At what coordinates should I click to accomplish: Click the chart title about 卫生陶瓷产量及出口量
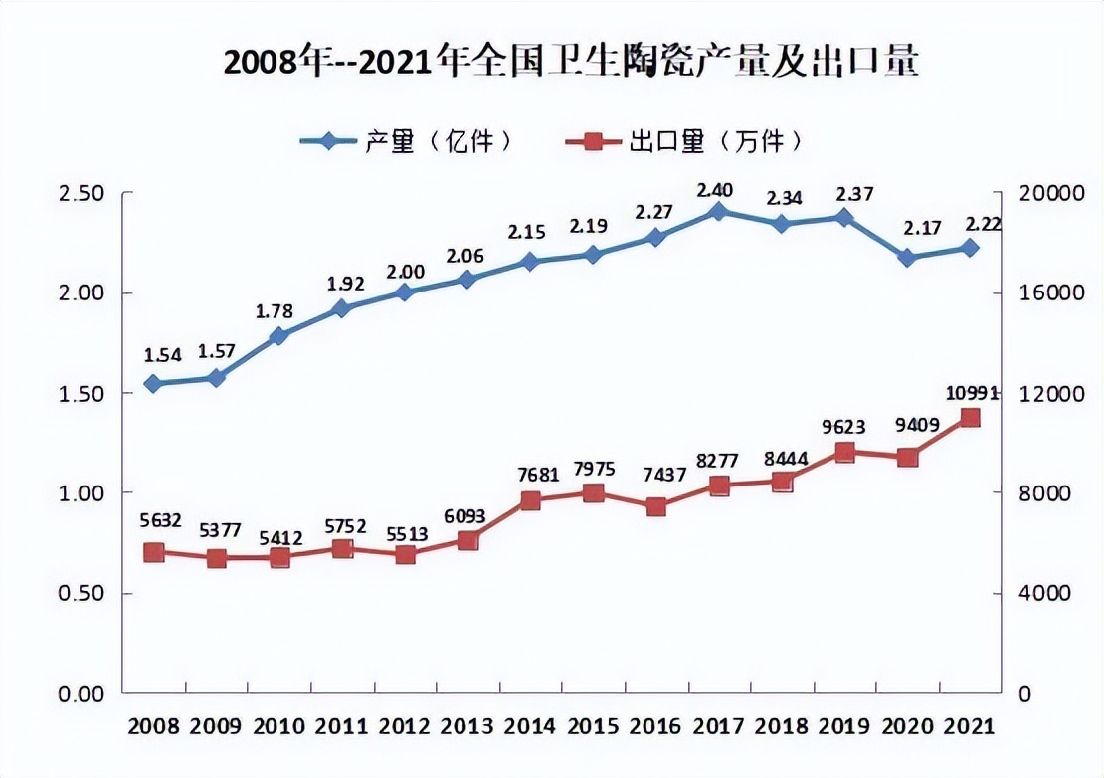point(569,62)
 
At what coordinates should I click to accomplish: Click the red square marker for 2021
point(970,418)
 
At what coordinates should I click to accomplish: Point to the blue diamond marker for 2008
point(153,383)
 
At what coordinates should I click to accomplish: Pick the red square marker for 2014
point(530,500)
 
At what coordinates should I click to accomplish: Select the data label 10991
point(969,393)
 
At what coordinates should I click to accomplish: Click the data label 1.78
point(274,311)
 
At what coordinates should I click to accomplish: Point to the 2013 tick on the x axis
point(467,726)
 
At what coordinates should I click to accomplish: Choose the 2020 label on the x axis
point(906,726)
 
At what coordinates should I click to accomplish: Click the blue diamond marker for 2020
point(907,257)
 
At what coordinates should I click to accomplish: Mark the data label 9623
point(843,427)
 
